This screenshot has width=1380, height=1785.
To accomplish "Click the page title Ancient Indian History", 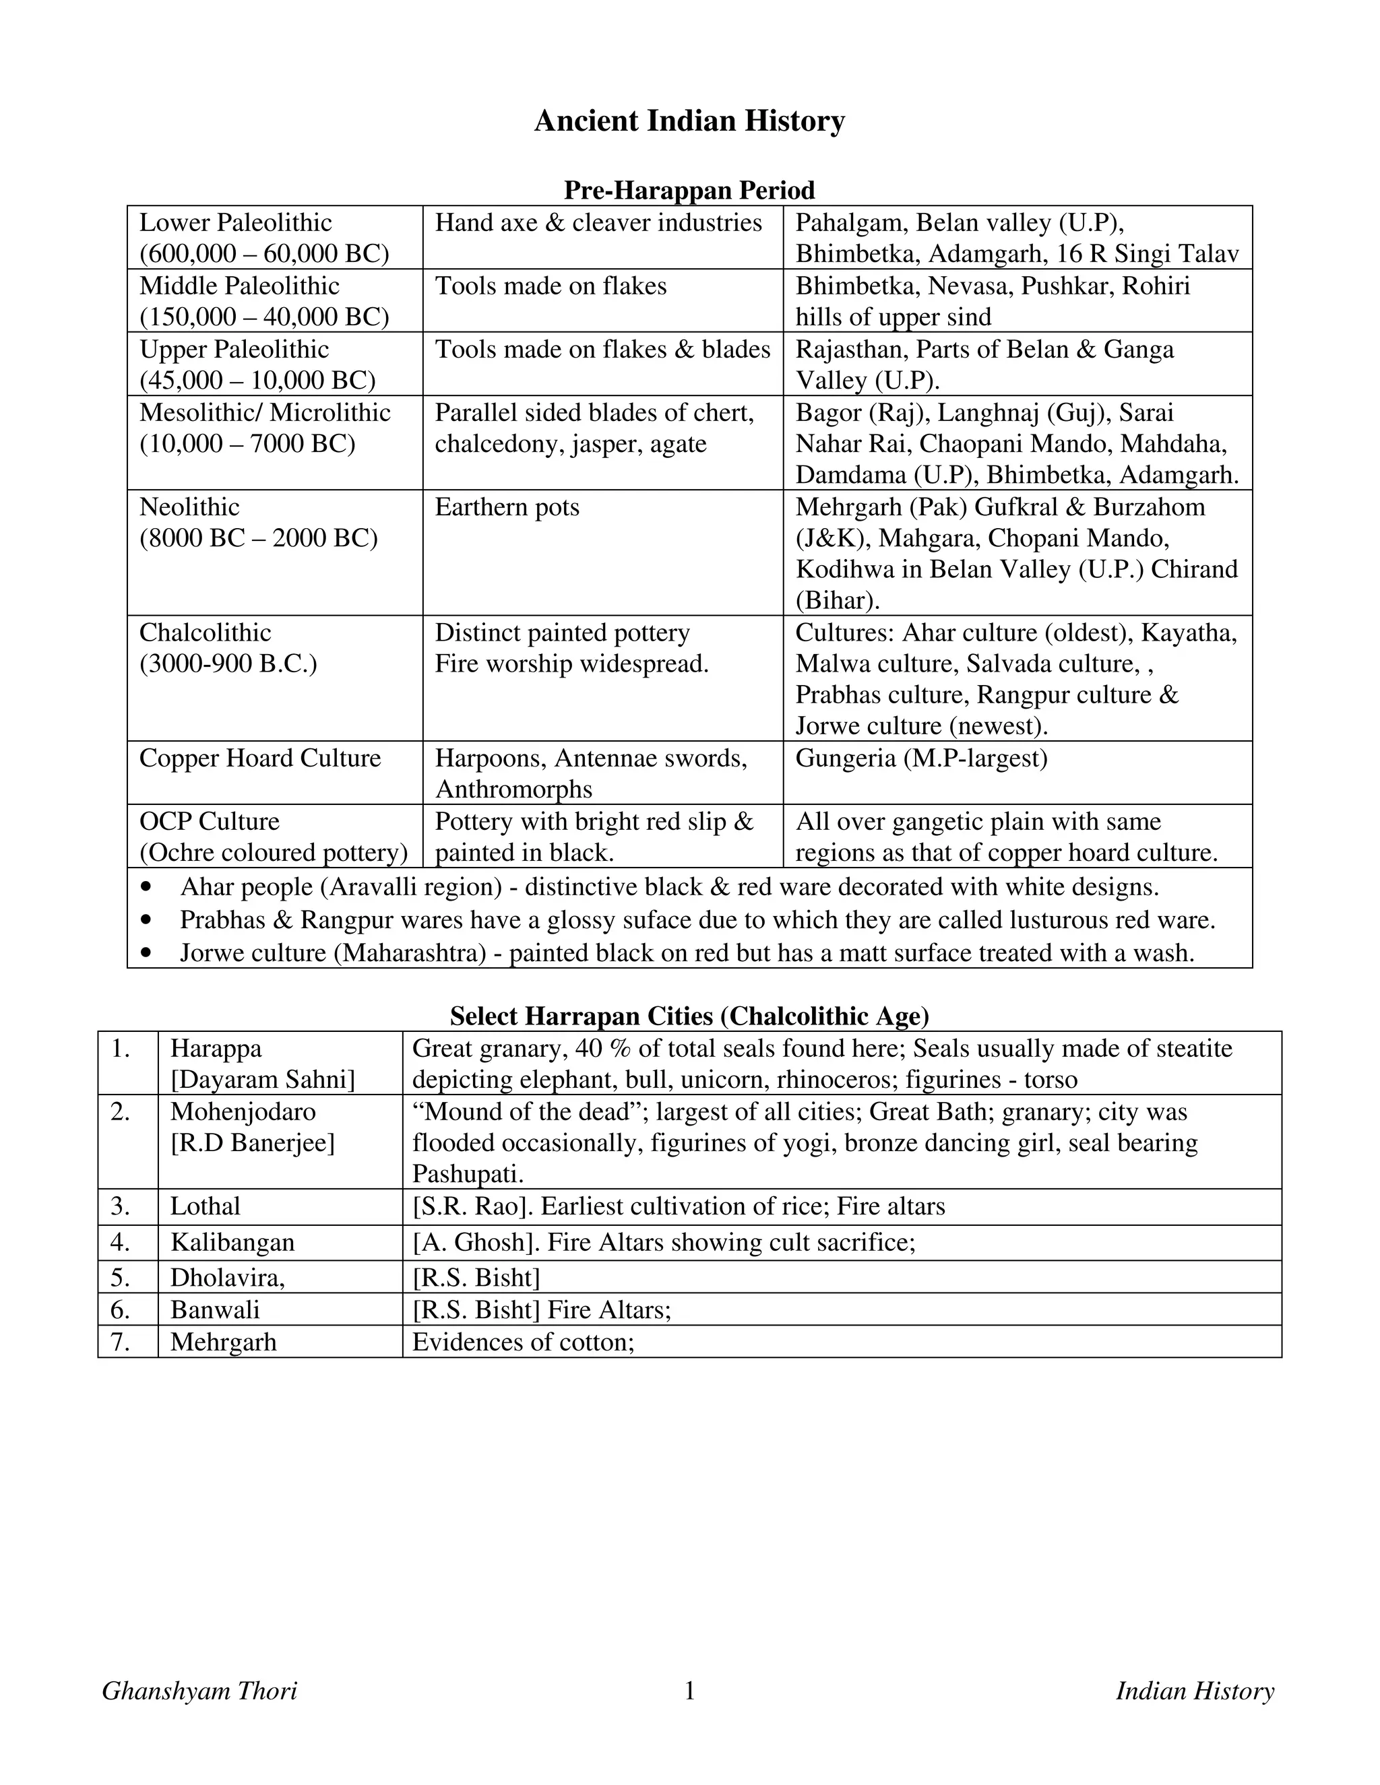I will click(689, 121).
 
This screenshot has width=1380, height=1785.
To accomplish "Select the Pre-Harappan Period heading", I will click(689, 191).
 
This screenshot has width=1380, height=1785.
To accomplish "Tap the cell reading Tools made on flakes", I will click(551, 286).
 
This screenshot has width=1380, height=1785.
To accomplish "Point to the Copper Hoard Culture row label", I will click(260, 758).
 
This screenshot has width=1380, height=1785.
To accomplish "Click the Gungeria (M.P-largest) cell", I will click(921, 758).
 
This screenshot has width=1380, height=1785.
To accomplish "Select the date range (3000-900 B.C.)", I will click(228, 663).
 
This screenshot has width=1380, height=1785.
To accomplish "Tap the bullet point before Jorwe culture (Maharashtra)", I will click(146, 953).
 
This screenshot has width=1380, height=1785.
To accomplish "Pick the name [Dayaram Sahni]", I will click(262, 1080).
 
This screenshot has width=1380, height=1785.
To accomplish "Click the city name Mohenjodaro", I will click(243, 1111).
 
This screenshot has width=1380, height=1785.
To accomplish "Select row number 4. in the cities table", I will click(121, 1242).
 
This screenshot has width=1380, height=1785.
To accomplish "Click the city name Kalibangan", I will click(232, 1242).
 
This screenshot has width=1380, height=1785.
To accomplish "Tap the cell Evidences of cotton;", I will click(523, 1342).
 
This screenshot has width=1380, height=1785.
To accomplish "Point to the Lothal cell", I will click(206, 1206).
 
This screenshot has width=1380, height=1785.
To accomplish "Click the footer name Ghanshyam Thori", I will click(199, 1690).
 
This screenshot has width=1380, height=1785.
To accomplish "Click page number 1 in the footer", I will click(689, 1690).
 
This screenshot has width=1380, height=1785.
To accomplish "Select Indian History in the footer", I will click(1195, 1690).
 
